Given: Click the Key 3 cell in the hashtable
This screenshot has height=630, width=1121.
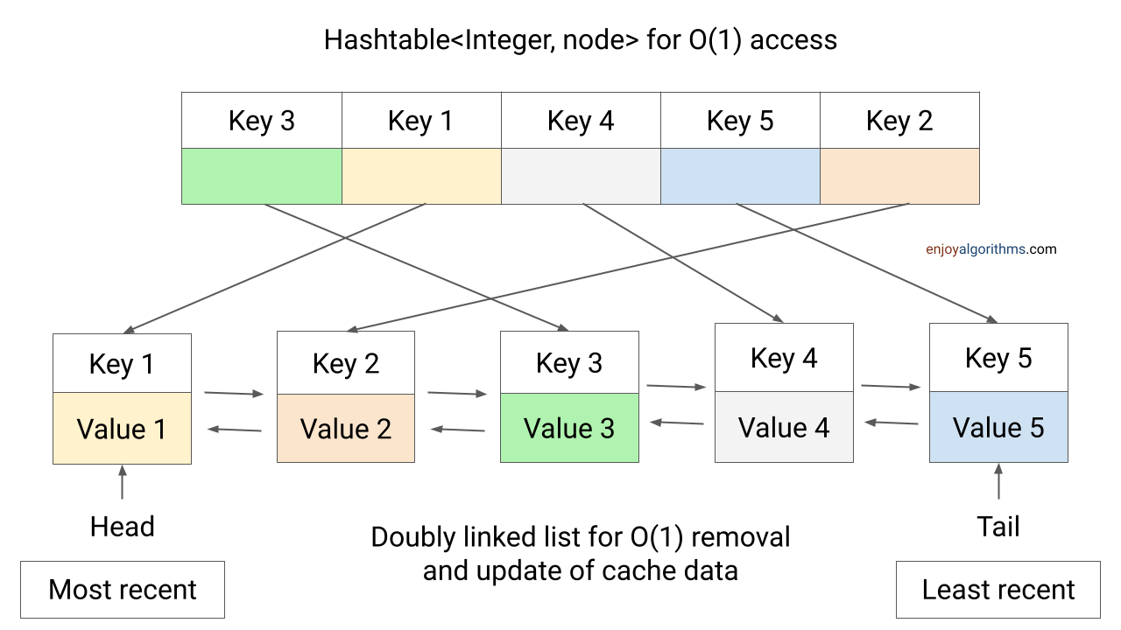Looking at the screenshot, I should pyautogui.click(x=261, y=121).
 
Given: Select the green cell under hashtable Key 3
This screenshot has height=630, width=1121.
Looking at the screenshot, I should pyautogui.click(x=261, y=176).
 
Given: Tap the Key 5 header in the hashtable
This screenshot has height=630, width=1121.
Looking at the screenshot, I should pyautogui.click(x=739, y=121).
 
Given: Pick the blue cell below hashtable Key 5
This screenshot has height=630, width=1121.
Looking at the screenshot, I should pyautogui.click(x=739, y=176).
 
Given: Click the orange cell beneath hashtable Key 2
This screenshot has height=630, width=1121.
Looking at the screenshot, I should pyautogui.click(x=899, y=176).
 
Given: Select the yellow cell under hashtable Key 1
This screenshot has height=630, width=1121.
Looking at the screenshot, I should pyautogui.click(x=421, y=176).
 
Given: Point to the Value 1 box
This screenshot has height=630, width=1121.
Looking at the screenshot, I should pyautogui.click(x=122, y=429).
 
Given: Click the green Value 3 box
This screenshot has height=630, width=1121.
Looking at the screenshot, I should pyautogui.click(x=569, y=428).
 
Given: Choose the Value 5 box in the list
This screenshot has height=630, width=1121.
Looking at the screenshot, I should pyautogui.click(x=998, y=427).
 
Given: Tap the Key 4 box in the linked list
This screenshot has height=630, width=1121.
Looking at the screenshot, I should pyautogui.click(x=784, y=357).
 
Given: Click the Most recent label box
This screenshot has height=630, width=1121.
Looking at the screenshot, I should pyautogui.click(x=123, y=590).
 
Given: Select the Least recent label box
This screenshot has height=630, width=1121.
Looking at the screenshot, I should pyautogui.click(x=998, y=590).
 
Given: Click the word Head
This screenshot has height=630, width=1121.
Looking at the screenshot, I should pyautogui.click(x=122, y=527).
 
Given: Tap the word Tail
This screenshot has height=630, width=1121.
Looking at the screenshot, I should pyautogui.click(x=998, y=527).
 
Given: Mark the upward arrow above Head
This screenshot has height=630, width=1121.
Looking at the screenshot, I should pyautogui.click(x=122, y=483).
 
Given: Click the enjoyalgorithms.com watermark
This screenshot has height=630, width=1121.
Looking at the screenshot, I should pyautogui.click(x=991, y=249).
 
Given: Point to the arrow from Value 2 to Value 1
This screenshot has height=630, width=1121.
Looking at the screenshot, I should pyautogui.click(x=234, y=429).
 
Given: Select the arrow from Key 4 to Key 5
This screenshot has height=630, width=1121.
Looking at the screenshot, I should pyautogui.click(x=891, y=386).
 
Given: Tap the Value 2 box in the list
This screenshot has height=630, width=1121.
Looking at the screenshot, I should pyautogui.click(x=345, y=429).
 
